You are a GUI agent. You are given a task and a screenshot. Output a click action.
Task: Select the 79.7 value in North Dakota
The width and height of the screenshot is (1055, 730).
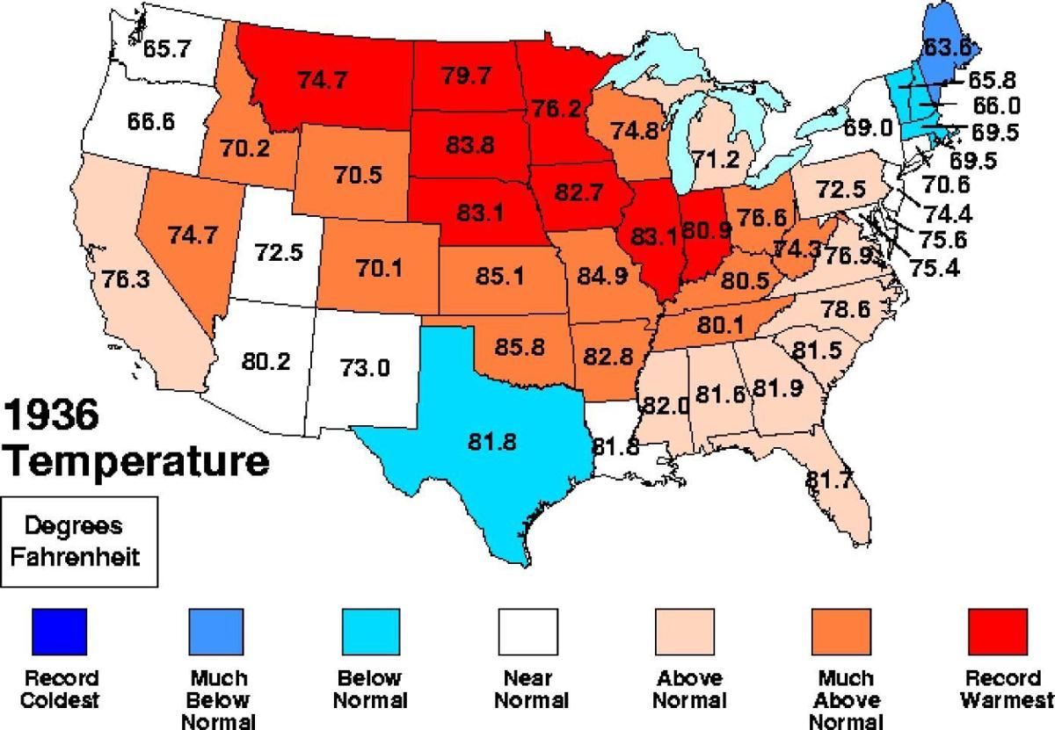(x=467, y=76)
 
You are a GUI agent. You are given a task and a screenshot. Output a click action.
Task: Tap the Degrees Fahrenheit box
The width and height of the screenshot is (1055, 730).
(x=80, y=541)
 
